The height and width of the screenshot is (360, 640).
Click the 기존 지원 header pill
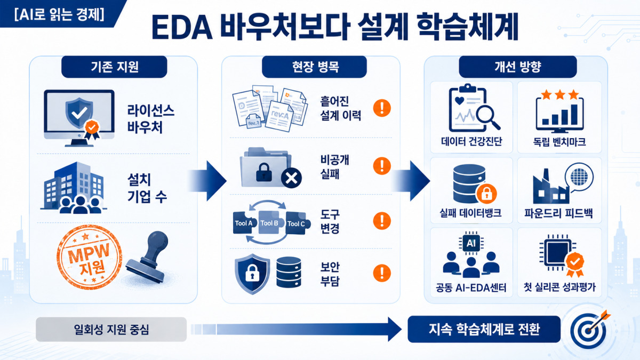click(114, 67)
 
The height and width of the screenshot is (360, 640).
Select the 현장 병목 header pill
click(314, 67)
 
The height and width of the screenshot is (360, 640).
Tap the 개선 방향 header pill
click(518, 67)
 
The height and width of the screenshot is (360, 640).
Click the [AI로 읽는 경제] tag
click(59, 14)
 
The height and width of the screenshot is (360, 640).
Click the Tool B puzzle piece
click(269, 223)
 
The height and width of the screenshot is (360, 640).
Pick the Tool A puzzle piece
click(244, 223)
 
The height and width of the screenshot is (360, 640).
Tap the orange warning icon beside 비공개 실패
click(382, 166)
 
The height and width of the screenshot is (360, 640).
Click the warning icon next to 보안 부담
click(382, 273)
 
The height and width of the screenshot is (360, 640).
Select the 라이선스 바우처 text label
click(151, 119)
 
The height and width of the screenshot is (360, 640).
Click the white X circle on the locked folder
click(291, 178)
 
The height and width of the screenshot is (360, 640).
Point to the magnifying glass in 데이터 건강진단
click(487, 117)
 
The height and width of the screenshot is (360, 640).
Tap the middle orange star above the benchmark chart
click(559, 94)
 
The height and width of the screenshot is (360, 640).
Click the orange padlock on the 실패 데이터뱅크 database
click(486, 194)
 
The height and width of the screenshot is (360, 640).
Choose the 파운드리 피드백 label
click(558, 213)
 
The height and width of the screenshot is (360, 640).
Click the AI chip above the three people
click(471, 243)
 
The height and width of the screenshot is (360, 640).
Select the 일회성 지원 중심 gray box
click(111, 330)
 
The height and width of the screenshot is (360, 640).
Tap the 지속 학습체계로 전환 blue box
click(484, 329)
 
